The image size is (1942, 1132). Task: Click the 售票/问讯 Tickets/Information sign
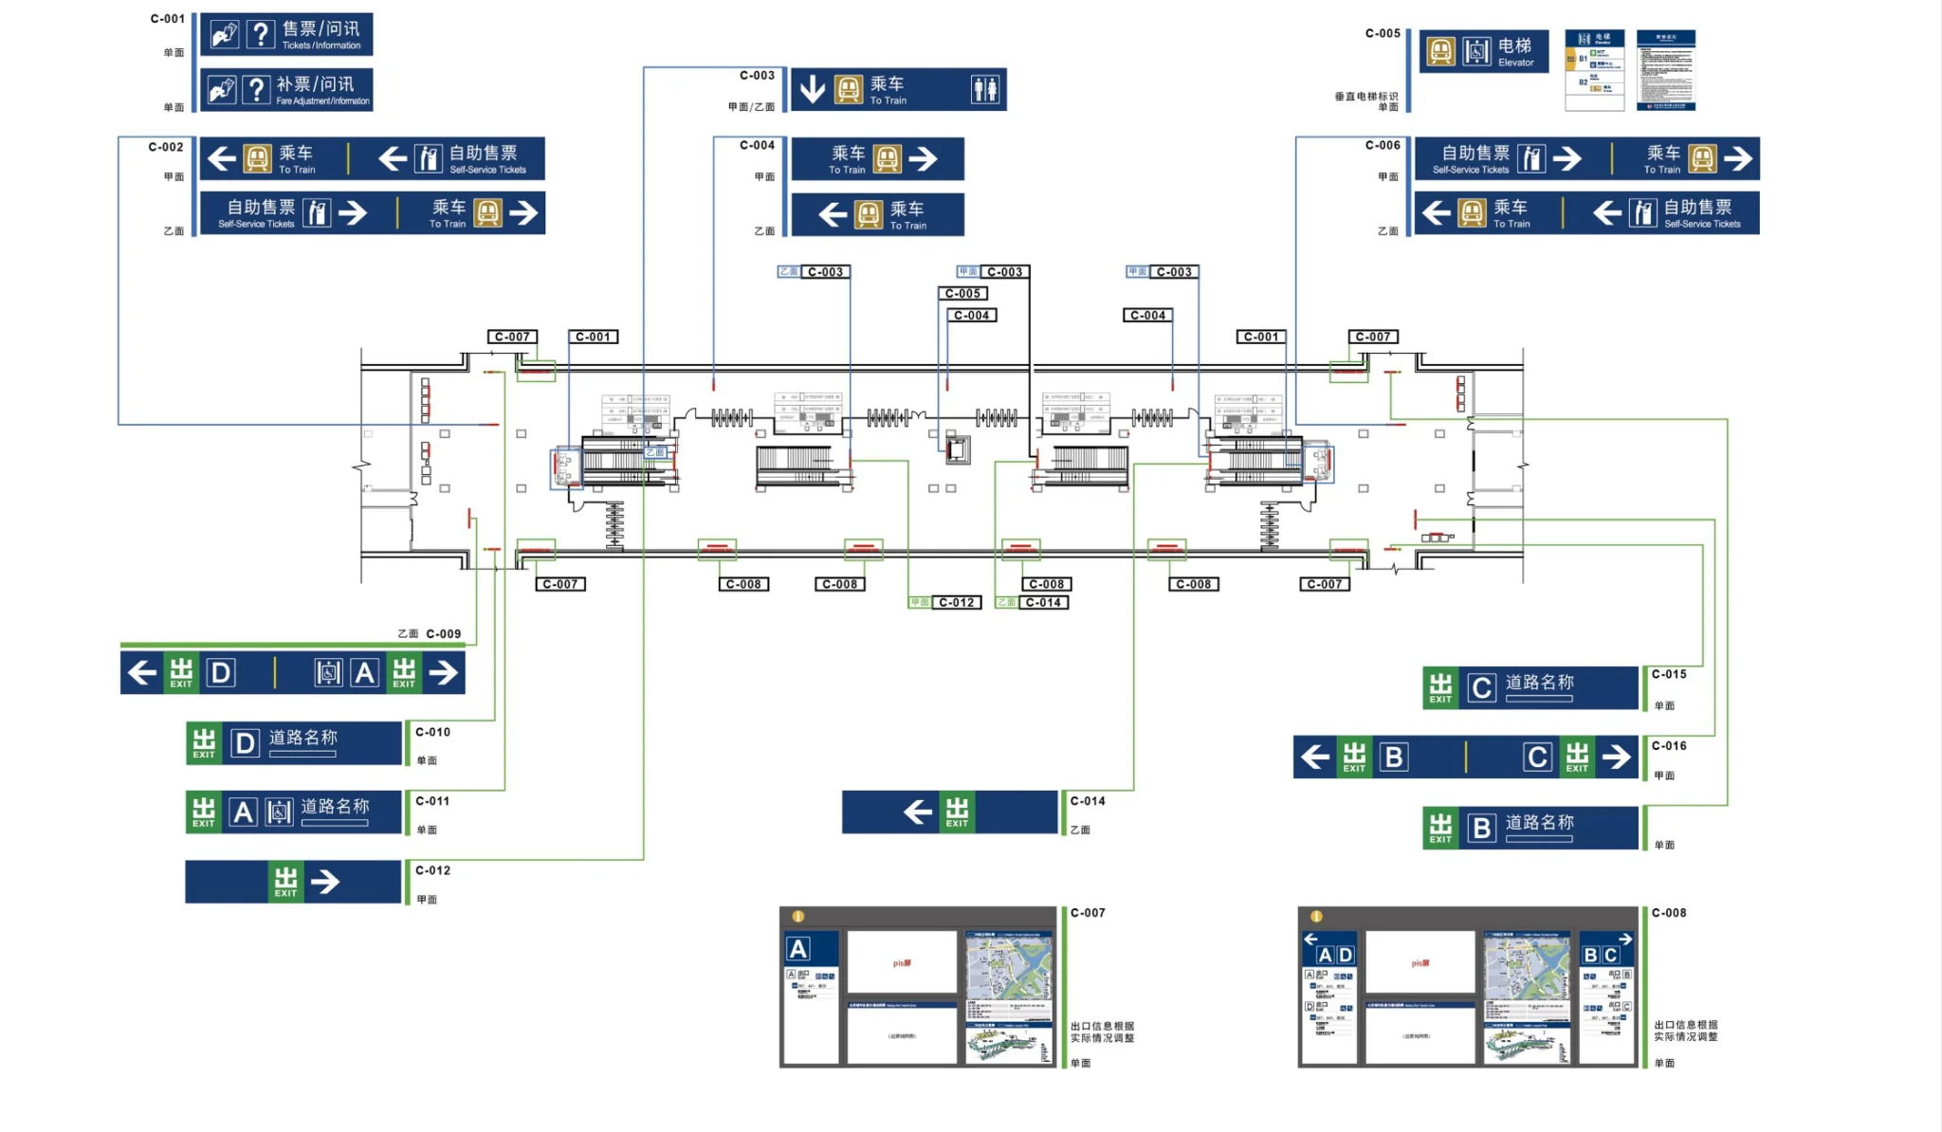click(x=286, y=35)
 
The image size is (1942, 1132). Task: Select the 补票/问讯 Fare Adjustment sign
click(x=286, y=90)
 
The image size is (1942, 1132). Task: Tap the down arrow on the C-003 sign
click(x=812, y=89)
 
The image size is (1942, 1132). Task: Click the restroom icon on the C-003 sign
click(x=985, y=90)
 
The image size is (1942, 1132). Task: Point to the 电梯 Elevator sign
click(x=1484, y=51)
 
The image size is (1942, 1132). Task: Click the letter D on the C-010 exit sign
click(x=245, y=743)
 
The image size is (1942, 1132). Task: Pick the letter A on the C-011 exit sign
click(x=244, y=812)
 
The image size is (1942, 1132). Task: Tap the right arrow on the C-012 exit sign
click(x=325, y=882)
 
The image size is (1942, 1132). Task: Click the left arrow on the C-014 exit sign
click(x=917, y=812)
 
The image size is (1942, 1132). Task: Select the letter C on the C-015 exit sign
click(x=1481, y=688)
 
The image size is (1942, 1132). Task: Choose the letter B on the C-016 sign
click(x=1393, y=758)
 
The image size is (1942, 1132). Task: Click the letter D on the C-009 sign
click(x=220, y=673)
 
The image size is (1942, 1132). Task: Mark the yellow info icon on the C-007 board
click(x=798, y=917)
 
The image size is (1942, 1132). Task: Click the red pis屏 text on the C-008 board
click(x=1420, y=963)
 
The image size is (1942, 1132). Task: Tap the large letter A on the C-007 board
click(x=798, y=949)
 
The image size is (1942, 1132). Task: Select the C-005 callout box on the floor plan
click(x=962, y=294)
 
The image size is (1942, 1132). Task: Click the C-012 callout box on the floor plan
click(x=956, y=603)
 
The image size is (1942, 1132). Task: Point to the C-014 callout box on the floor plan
click(x=1043, y=603)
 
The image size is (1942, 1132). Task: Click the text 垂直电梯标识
click(x=1365, y=97)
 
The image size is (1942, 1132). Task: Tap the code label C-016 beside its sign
click(x=1669, y=746)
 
